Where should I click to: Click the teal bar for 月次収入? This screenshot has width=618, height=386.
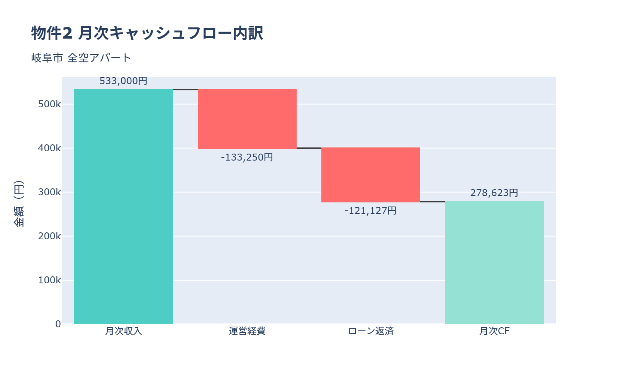tap(124, 207)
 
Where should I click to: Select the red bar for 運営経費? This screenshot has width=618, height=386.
tap(247, 119)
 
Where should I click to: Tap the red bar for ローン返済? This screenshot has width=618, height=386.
tap(371, 175)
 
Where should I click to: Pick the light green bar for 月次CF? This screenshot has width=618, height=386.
tap(494, 262)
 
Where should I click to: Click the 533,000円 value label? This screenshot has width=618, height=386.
tap(124, 81)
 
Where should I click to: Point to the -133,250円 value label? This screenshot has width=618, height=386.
tap(247, 157)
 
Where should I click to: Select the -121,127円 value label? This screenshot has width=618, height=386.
tap(371, 211)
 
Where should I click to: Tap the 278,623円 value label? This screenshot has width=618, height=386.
tap(494, 193)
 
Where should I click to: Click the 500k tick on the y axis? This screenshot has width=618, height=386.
tap(49, 105)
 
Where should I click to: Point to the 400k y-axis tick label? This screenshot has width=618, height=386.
tap(49, 148)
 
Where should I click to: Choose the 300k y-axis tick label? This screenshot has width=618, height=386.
tap(49, 192)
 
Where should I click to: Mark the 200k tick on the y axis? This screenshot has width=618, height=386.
tap(49, 236)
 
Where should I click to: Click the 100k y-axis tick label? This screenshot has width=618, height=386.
tap(49, 280)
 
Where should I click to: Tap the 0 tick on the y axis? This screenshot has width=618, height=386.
tap(58, 324)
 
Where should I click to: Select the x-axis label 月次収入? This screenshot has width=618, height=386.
tap(124, 331)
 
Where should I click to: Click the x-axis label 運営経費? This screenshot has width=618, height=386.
tap(247, 331)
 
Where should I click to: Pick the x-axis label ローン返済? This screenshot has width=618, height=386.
tap(371, 331)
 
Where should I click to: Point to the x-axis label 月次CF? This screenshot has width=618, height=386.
tap(494, 331)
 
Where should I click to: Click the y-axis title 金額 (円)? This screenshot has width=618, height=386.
tap(19, 204)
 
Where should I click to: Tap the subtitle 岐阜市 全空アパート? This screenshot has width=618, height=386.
tap(81, 58)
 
